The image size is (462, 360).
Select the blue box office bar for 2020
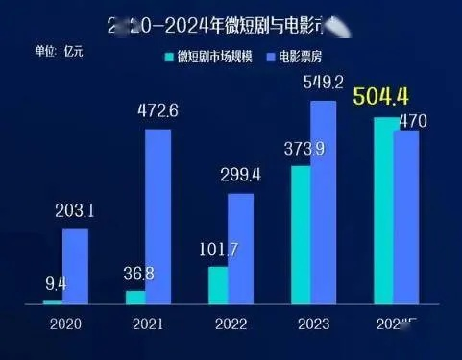click(76, 267)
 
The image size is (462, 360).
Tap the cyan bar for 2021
click(134, 298)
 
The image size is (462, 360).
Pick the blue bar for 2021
click(158, 217)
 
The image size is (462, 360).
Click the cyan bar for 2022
click(218, 285)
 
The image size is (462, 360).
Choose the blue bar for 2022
click(241, 250)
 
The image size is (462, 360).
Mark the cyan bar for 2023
click(301, 235)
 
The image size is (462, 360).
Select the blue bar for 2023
click(325, 203)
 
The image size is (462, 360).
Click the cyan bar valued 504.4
click(384, 211)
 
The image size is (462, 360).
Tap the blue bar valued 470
click(407, 218)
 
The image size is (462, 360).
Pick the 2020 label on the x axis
click(63, 325)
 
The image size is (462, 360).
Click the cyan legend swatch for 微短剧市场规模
click(169, 59)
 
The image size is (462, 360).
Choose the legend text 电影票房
click(303, 59)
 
